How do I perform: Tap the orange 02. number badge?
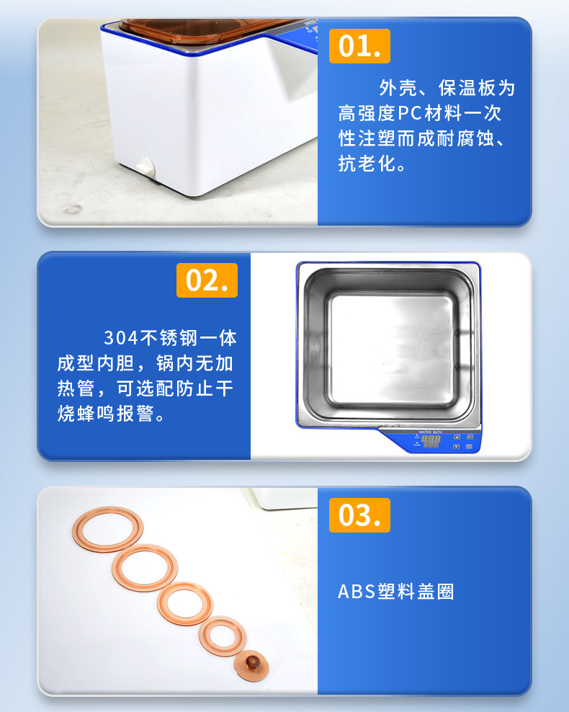pyautogui.click(x=207, y=280)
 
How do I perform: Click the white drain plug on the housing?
pyautogui.click(x=146, y=166)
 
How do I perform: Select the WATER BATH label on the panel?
pyautogui.click(x=431, y=432)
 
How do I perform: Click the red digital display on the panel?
pyautogui.click(x=431, y=441)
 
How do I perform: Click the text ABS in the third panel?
pyautogui.click(x=357, y=592)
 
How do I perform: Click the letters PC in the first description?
pyautogui.click(x=411, y=113)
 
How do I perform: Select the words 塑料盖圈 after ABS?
pyautogui.click(x=416, y=592)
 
